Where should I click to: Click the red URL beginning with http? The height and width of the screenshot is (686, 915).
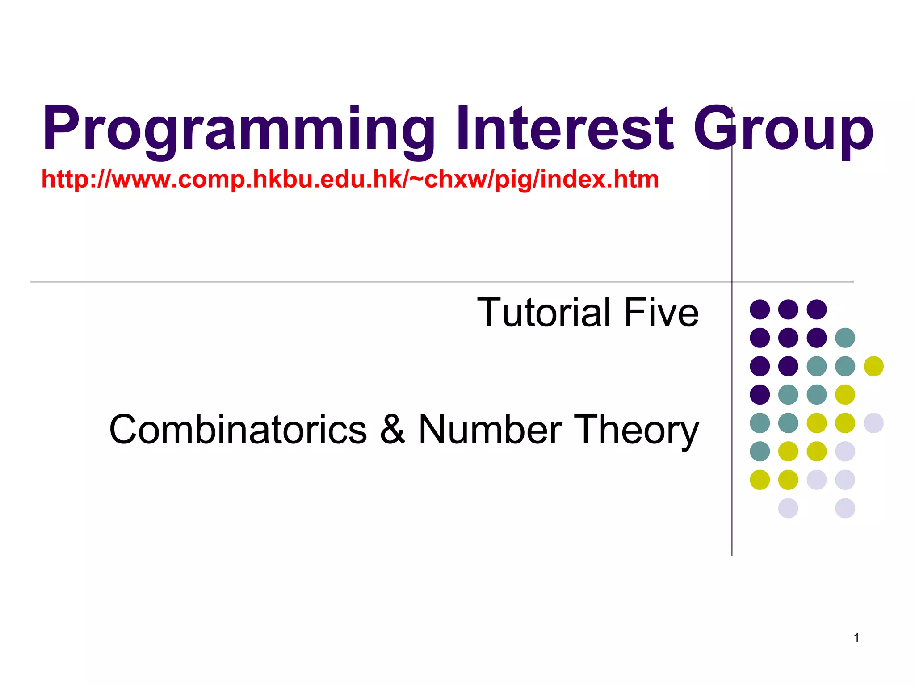pos(350,180)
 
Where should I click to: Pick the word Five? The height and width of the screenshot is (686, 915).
pos(661,313)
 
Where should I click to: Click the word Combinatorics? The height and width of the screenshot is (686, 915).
pos(238,430)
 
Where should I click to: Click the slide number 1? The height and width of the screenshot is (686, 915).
pos(856,638)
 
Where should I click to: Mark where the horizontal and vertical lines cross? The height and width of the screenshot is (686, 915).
pos(732,282)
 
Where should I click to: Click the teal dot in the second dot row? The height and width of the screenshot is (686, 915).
pos(845,338)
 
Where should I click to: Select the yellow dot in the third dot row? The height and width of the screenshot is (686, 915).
pos(873,366)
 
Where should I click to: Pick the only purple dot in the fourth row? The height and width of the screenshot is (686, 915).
pos(760,394)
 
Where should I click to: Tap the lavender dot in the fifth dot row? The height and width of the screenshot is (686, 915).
pos(873,423)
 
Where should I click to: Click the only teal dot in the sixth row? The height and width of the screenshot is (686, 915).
pos(760,451)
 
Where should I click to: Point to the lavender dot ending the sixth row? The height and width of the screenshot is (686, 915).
pos(845,451)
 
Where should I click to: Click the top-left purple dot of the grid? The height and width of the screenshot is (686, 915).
pos(760,309)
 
